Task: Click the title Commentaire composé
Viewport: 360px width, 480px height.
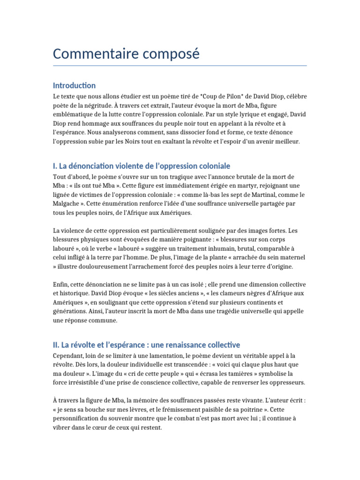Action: pos(126,54)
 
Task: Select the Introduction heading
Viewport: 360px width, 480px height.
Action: pos(74,85)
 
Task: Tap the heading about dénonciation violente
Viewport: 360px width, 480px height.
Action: pos(142,166)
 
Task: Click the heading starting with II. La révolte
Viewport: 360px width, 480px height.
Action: pos(146,345)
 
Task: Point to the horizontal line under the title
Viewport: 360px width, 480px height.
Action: pos(180,66)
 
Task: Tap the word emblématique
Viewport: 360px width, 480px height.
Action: pos(74,114)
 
